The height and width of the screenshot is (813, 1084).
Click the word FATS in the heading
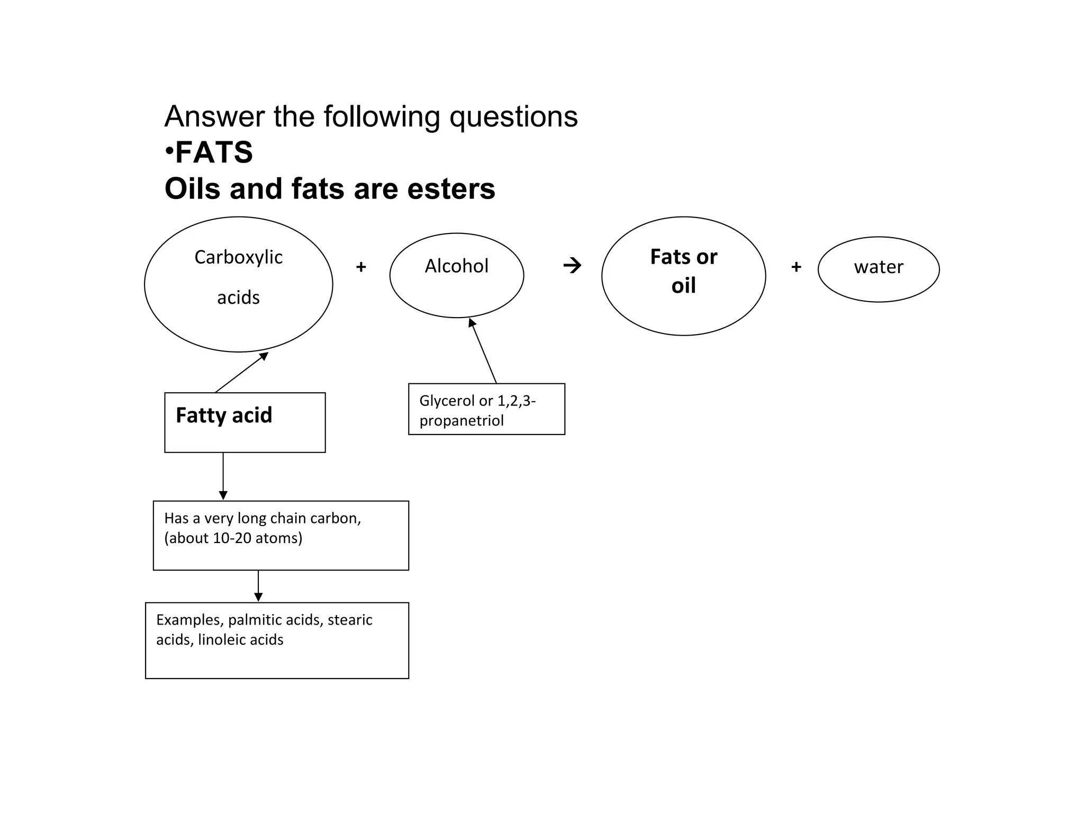click(214, 152)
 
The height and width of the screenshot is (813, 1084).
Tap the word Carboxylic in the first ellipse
click(238, 257)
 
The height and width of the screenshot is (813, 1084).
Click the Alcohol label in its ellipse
click(456, 266)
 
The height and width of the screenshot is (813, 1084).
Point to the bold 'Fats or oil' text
click(683, 271)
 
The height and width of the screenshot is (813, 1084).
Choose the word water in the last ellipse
click(878, 267)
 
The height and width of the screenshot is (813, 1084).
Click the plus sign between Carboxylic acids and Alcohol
click(361, 267)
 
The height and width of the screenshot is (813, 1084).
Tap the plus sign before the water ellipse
click(796, 267)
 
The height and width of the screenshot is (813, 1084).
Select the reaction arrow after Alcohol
click(572, 265)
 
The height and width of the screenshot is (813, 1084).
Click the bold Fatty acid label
click(224, 415)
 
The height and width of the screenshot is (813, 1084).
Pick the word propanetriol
click(461, 421)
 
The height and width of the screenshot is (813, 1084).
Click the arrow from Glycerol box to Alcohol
click(483, 350)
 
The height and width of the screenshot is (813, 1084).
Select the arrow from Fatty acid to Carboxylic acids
click(242, 372)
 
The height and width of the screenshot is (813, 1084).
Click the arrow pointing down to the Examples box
click(258, 586)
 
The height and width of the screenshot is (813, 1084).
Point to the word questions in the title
click(513, 117)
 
